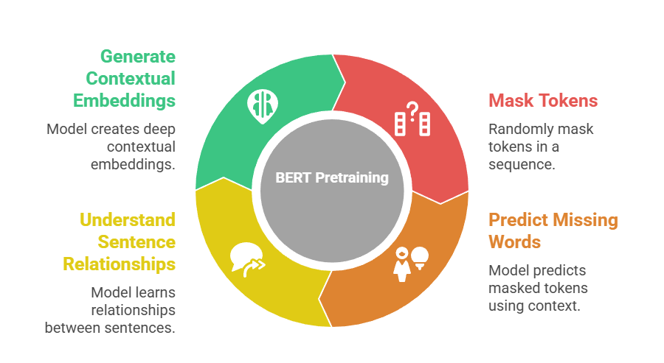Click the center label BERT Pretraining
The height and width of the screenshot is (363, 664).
(x=331, y=177)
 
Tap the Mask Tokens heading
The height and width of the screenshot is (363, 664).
(x=542, y=100)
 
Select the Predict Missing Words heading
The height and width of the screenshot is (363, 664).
(x=553, y=230)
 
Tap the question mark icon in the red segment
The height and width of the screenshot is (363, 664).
(x=412, y=119)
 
